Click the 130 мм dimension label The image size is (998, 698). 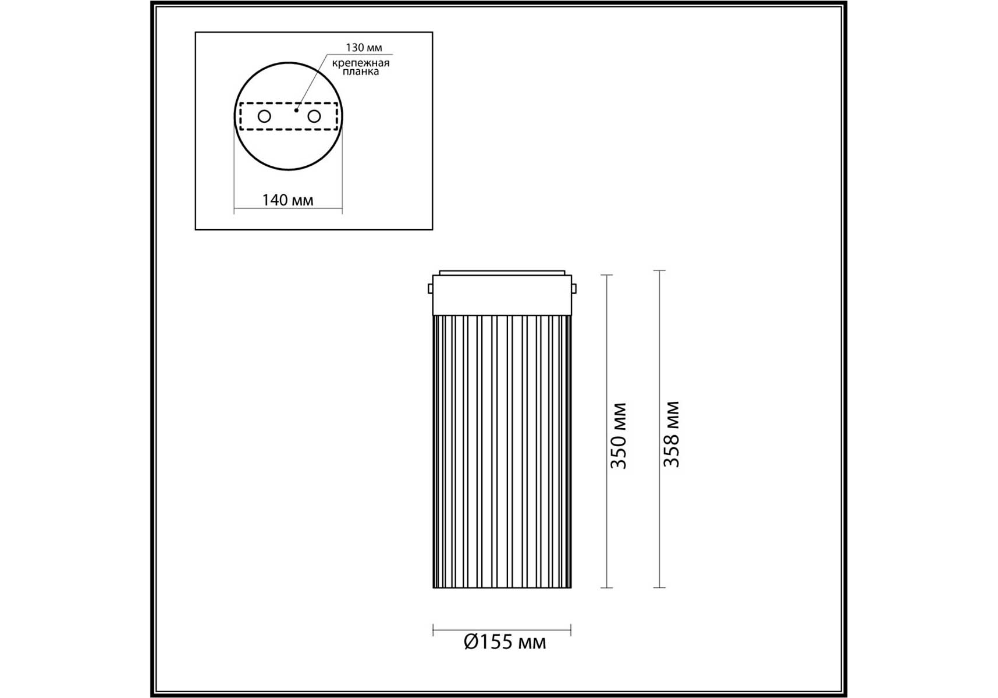pos(364,48)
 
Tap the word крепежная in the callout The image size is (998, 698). pos(361,63)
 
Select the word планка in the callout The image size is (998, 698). pos(361,72)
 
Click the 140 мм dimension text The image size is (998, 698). pos(287,200)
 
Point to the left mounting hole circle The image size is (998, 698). pos(264,116)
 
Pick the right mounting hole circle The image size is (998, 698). pos(314,116)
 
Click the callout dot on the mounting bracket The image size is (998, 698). pos(296,110)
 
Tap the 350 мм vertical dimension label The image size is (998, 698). pos(618,435)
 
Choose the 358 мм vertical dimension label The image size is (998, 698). pos(672,434)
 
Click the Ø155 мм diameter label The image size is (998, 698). pos(505,642)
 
